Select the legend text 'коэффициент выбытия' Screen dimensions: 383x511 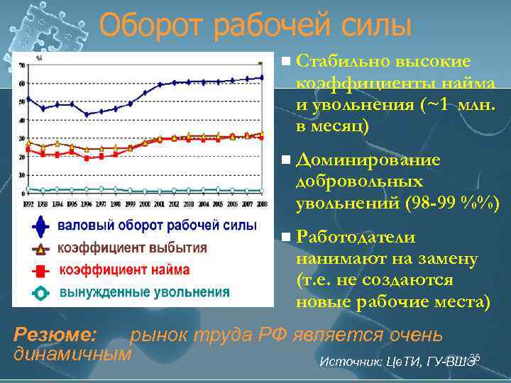[132, 248]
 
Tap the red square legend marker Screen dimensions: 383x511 [41, 270]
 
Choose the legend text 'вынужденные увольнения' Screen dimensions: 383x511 [144, 292]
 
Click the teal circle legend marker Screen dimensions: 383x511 [41, 292]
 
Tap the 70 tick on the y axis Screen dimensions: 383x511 [22, 65]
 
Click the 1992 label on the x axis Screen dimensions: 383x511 [28, 204]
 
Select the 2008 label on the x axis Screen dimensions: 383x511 [261, 204]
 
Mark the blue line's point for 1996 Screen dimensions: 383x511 [87, 113]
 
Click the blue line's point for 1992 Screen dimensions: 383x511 [28, 99]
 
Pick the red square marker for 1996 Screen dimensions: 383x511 [87, 158]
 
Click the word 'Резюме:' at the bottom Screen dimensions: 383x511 [55, 334]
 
